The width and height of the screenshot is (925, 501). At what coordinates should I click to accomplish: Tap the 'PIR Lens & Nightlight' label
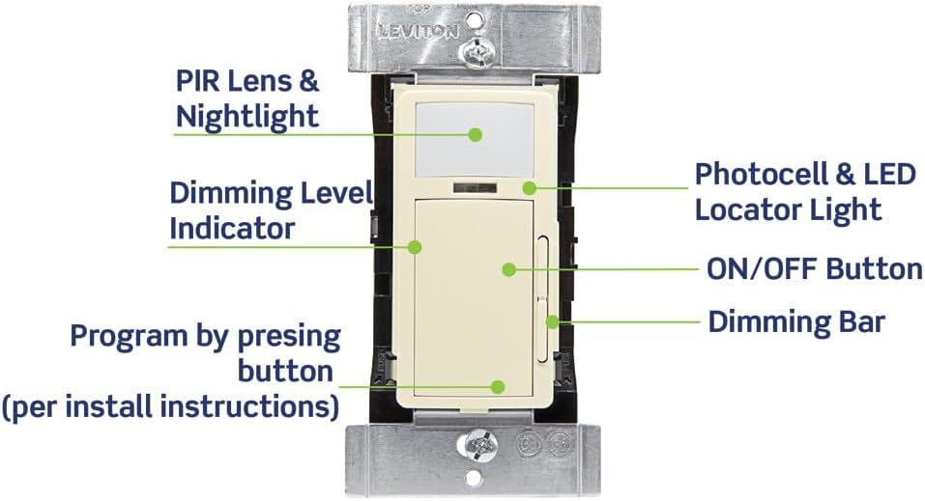point(246,97)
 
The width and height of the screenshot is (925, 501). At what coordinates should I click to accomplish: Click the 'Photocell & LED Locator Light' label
point(804,191)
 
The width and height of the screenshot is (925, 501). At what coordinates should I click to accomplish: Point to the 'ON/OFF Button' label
point(813,268)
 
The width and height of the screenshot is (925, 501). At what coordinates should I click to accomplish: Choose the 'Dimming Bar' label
point(795,321)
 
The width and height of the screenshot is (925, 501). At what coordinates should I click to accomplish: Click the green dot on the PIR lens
point(476,135)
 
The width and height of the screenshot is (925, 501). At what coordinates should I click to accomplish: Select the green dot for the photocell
point(529,187)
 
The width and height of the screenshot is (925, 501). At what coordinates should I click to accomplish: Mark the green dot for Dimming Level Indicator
point(414,247)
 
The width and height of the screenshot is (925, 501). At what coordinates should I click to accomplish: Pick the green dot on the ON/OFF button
point(507,270)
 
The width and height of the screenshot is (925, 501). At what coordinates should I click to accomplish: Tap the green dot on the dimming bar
point(551,321)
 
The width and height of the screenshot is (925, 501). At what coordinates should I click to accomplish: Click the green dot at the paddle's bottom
point(498,386)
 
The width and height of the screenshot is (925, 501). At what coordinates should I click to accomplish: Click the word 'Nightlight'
point(246,117)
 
